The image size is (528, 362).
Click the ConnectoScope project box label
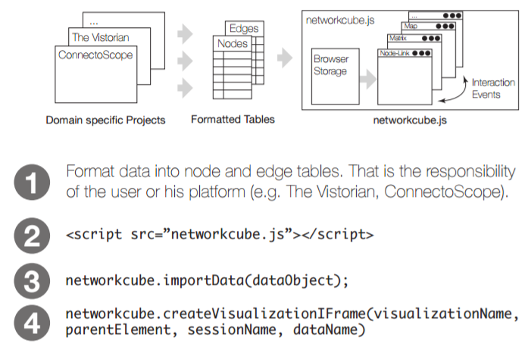tap(95, 55)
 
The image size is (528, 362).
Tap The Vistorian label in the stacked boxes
tap(101, 37)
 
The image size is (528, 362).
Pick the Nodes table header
tap(233, 44)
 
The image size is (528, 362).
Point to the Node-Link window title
tap(395, 53)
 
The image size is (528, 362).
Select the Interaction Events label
tap(492, 89)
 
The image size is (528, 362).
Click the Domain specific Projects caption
tap(105, 120)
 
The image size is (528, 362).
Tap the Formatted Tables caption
tap(233, 120)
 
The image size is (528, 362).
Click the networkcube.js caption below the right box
tap(407, 120)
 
